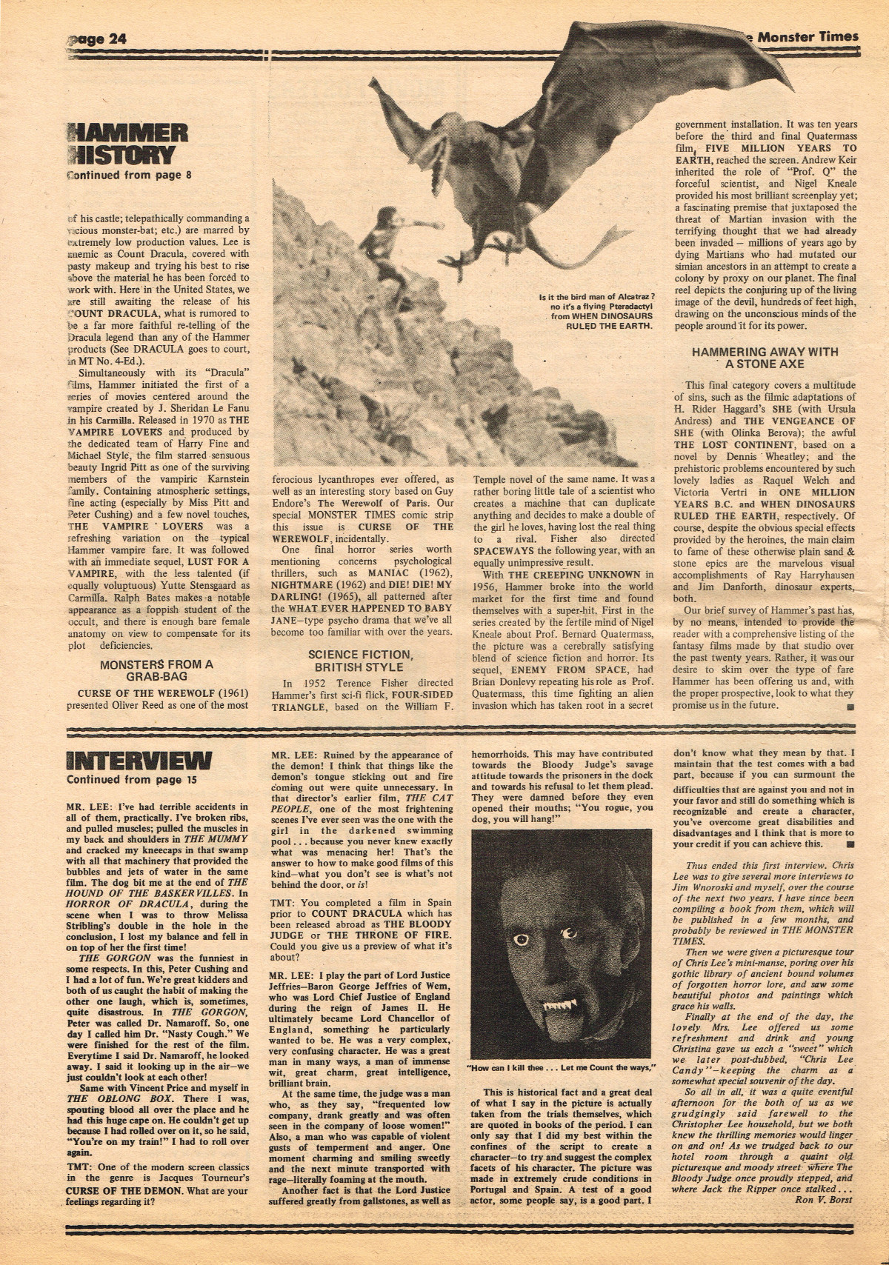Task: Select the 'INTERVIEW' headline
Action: pos(139,761)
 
